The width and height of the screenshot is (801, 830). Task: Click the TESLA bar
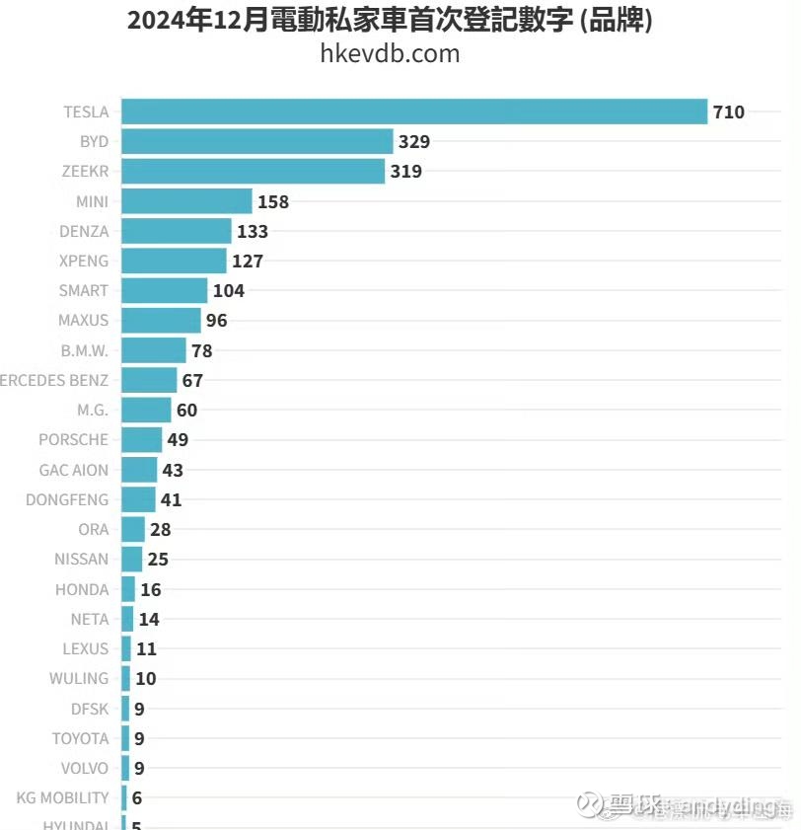(414, 112)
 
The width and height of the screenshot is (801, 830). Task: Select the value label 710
(729, 113)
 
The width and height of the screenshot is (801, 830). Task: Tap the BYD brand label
(95, 142)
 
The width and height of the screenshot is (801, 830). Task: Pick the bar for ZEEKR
(253, 172)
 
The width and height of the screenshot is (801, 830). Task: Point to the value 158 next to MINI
(273, 202)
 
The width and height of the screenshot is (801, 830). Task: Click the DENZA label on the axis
(84, 232)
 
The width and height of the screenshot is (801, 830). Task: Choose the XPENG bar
(174, 262)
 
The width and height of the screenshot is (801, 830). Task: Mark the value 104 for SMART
(228, 291)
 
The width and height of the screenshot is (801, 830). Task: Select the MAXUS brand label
(83, 321)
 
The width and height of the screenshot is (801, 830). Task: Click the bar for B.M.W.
(154, 350)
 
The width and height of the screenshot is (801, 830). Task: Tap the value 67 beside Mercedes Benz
(192, 381)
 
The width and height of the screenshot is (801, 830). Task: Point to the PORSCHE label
(74, 440)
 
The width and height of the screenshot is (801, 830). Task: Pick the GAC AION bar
(139, 470)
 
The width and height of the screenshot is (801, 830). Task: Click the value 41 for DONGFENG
(171, 500)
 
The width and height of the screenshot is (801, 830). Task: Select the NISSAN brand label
(82, 560)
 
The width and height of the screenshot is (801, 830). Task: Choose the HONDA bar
(128, 589)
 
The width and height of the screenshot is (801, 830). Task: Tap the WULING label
(79, 679)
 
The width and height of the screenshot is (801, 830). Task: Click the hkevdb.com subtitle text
(390, 53)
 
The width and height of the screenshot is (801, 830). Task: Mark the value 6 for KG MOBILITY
(136, 798)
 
